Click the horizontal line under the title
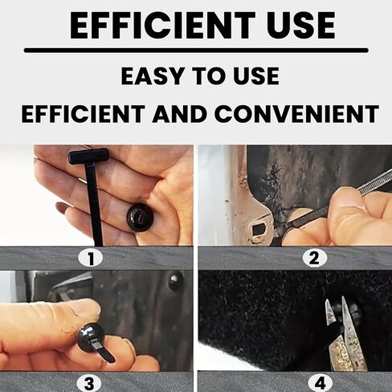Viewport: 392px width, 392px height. (x=196, y=50)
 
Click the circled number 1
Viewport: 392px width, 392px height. (x=96, y=258)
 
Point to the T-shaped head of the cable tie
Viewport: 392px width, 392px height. (x=88, y=156)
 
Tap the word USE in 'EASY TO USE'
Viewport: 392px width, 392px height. (x=256, y=76)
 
